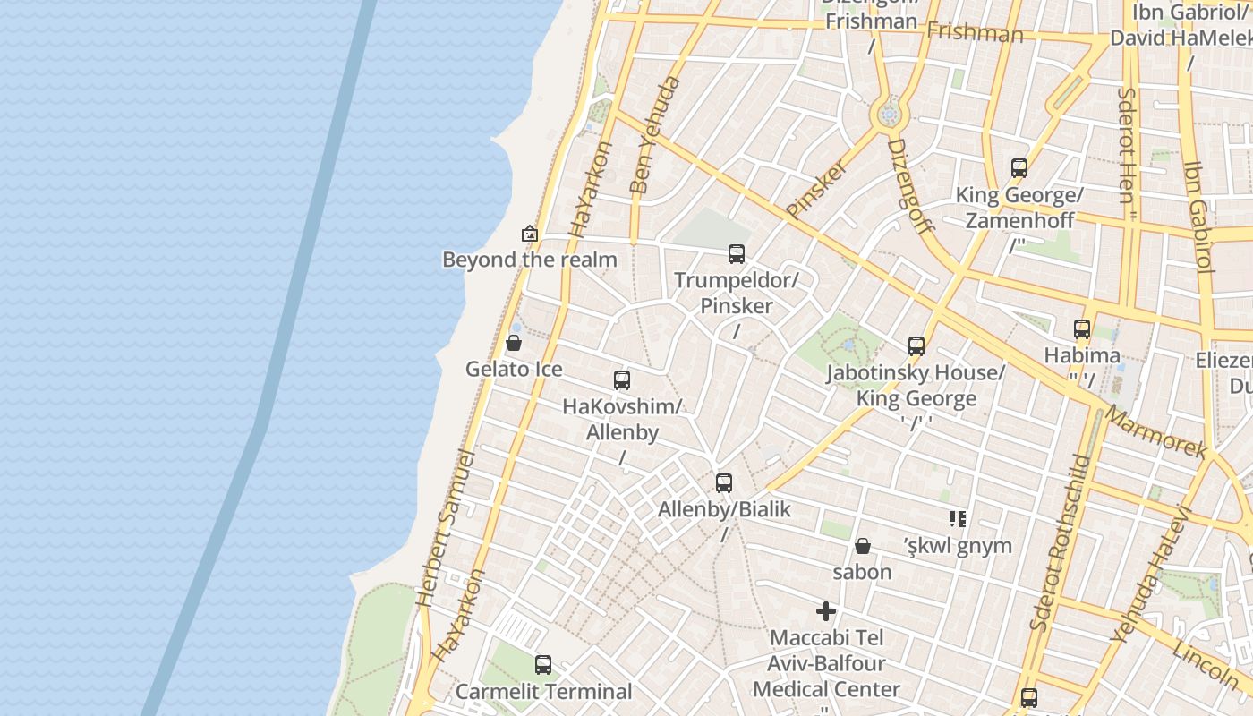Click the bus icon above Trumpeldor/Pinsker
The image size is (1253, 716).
pos(737,254)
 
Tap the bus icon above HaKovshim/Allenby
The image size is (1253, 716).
pos(622,379)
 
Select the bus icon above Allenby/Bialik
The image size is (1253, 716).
pos(724,483)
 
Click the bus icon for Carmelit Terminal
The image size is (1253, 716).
pos(543,665)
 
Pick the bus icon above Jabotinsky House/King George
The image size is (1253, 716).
pos(916,346)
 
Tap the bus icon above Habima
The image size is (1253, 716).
pos(1082,329)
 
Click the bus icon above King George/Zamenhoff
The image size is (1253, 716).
pos(1019,168)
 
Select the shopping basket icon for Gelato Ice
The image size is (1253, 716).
pos(514,343)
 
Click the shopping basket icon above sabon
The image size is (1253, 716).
pos(863,546)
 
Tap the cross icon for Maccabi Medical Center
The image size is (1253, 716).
pos(826,611)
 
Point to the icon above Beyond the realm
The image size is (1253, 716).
pos(530,234)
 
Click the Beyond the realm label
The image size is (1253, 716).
pos(530,260)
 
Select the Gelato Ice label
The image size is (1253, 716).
pos(514,369)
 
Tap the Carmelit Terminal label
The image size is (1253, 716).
pos(543,692)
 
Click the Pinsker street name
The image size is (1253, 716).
pos(816,189)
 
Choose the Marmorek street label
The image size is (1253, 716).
pos(1155,430)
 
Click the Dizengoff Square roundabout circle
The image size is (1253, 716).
pos(888,115)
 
